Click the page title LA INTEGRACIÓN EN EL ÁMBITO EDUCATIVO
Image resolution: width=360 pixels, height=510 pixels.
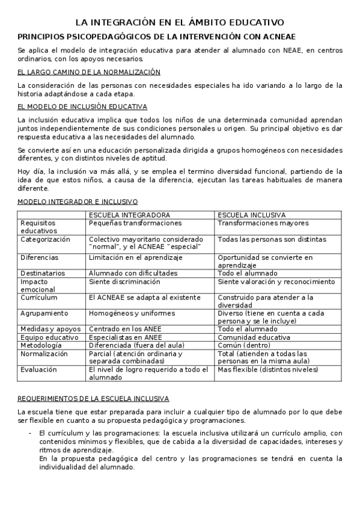coord(180,22)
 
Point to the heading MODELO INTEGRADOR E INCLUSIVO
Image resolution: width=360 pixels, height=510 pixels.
coord(78,201)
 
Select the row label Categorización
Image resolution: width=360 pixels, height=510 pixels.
coord(45,239)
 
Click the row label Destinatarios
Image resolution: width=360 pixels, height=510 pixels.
coord(41,273)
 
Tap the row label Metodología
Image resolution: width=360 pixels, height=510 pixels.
coord(41,346)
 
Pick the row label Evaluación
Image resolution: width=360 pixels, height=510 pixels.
coord(38,370)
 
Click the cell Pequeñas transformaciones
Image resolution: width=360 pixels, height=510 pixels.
coord(135,223)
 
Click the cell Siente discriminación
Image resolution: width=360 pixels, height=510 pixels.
coord(124,281)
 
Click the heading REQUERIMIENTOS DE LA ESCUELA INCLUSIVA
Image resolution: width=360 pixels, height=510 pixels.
coord(102,399)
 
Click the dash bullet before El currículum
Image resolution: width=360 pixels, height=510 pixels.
coord(30,433)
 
